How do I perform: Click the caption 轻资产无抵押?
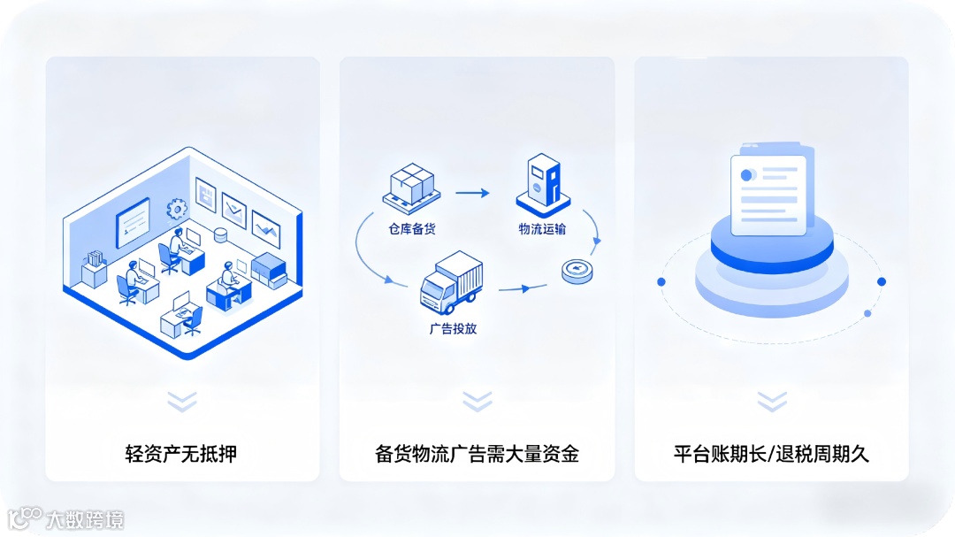[181, 455]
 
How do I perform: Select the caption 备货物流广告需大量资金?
[477, 455]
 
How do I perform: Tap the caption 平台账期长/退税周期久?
[771, 455]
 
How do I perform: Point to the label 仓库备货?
[412, 229]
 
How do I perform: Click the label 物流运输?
[542, 229]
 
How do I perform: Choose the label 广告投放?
[453, 328]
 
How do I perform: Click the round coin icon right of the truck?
[577, 271]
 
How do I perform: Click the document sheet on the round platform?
[768, 195]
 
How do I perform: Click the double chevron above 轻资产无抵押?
[181, 402]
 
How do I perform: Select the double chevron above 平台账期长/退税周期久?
[771, 402]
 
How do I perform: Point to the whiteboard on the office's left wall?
[134, 222]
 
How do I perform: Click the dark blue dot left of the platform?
[661, 281]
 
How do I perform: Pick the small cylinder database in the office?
[220, 234]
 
